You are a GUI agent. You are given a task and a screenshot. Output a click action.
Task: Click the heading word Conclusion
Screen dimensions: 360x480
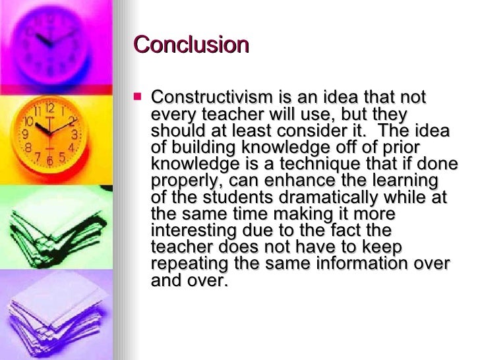pyautogui.click(x=191, y=45)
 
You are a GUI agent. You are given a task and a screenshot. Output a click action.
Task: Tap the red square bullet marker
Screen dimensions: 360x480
pyautogui.click(x=138, y=96)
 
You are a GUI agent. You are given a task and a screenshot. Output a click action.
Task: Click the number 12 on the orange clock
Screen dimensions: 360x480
pyautogui.click(x=50, y=107)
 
